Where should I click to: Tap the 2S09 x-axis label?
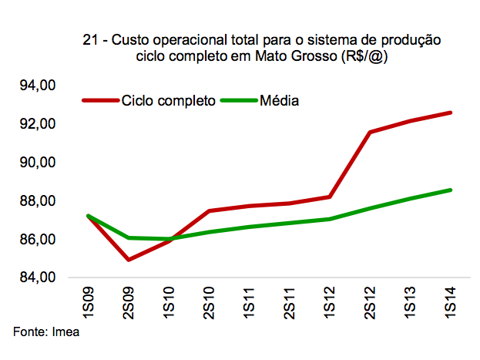click(x=129, y=303)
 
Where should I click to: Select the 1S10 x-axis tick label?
click(x=169, y=303)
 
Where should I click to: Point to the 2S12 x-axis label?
click(x=371, y=303)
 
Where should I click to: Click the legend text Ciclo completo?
click(x=167, y=101)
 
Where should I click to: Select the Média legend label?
click(x=279, y=101)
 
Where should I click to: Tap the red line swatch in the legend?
click(x=99, y=101)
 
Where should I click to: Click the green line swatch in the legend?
click(x=238, y=101)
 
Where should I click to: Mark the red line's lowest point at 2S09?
click(x=129, y=259)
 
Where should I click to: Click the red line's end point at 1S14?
click(x=451, y=113)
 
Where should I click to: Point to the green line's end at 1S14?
click(x=451, y=190)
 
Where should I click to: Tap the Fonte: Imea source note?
click(x=47, y=332)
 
